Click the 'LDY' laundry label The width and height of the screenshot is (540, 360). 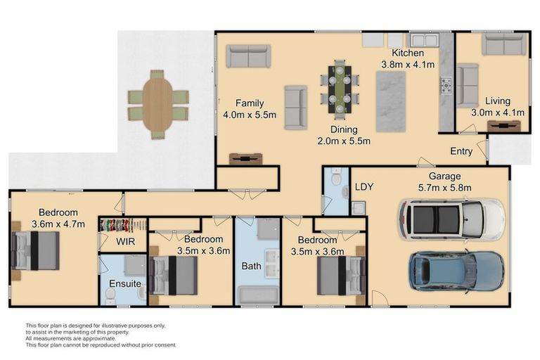pyautogui.click(x=364, y=187)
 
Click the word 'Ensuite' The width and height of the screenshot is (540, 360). pyautogui.click(x=125, y=284)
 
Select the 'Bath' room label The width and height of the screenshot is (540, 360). pyautogui.click(x=251, y=266)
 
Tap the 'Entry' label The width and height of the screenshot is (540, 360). pyautogui.click(x=461, y=152)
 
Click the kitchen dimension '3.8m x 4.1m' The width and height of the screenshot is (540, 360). pyautogui.click(x=408, y=64)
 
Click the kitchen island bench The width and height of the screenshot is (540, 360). pyautogui.click(x=392, y=101)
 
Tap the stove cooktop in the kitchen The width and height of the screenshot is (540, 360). pyautogui.click(x=446, y=86)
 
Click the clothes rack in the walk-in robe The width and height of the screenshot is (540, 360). pyautogui.click(x=122, y=225)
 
